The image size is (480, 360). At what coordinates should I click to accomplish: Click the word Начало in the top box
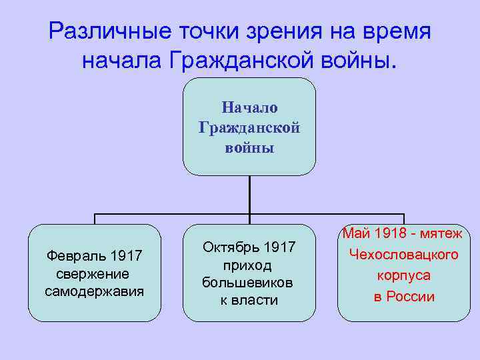point(249,108)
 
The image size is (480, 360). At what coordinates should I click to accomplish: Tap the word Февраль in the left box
point(75,256)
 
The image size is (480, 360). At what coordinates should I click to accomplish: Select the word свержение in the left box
point(93,274)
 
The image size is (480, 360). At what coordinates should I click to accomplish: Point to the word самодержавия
point(94,291)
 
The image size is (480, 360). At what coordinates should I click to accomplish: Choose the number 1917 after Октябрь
point(280,248)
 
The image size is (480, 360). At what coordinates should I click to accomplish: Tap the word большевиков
point(249,283)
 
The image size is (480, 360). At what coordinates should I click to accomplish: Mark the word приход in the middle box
point(249,265)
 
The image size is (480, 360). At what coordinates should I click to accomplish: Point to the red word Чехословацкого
point(404,255)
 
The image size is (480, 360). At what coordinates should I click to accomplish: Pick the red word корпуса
point(404,275)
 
